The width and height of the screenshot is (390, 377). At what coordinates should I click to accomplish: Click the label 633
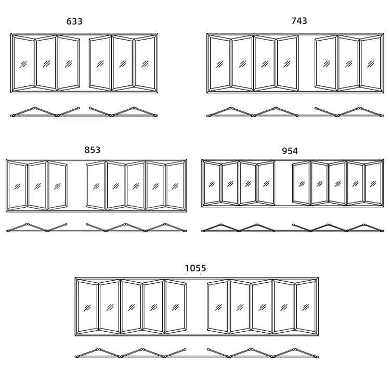(74, 21)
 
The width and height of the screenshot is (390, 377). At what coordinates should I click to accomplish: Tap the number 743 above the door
(299, 21)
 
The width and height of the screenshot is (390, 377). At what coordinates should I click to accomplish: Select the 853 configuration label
(93, 150)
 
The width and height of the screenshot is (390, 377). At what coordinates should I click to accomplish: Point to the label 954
(290, 151)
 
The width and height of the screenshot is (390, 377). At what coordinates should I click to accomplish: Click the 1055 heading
(196, 268)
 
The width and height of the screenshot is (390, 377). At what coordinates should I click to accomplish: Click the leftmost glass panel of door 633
(23, 64)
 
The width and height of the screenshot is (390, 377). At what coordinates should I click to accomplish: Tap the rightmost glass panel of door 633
(145, 64)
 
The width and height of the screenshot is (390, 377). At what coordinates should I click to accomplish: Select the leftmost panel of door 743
(219, 64)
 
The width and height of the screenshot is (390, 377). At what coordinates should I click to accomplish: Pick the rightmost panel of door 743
(371, 64)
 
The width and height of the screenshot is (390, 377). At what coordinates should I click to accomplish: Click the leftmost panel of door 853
(17, 186)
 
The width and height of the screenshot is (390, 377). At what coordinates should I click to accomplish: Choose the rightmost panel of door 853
(175, 186)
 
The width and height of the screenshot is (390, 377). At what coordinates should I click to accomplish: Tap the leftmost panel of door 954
(212, 183)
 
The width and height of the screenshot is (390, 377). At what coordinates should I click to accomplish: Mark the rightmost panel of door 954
(373, 183)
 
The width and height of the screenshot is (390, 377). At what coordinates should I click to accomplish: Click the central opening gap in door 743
(307, 64)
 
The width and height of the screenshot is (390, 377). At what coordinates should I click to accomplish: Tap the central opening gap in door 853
(76, 186)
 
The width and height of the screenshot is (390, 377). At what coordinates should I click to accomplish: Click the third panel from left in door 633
(68, 64)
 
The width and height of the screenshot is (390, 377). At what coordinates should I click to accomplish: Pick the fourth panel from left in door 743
(287, 64)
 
